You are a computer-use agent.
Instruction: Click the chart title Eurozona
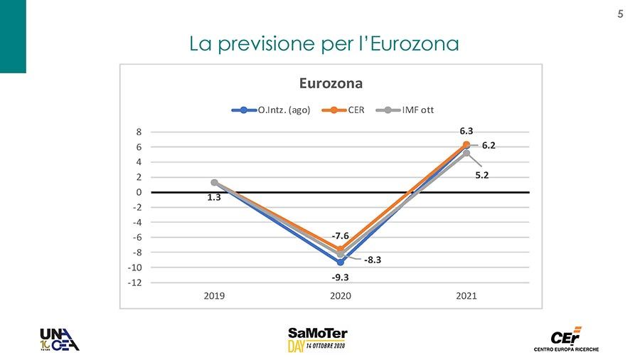click(331, 83)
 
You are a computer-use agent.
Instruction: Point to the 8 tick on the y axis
click(139, 132)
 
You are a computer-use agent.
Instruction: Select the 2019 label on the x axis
click(214, 296)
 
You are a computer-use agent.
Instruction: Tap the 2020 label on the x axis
click(340, 296)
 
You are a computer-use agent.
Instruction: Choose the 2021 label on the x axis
click(466, 296)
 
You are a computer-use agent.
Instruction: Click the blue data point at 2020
click(341, 262)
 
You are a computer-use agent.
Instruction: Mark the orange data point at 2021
click(466, 144)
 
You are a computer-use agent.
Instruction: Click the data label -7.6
click(340, 235)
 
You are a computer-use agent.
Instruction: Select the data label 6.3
click(466, 131)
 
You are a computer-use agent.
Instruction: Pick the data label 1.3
click(214, 198)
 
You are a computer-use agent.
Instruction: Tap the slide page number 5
click(620, 14)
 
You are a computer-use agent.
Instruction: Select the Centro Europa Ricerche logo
click(566, 339)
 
